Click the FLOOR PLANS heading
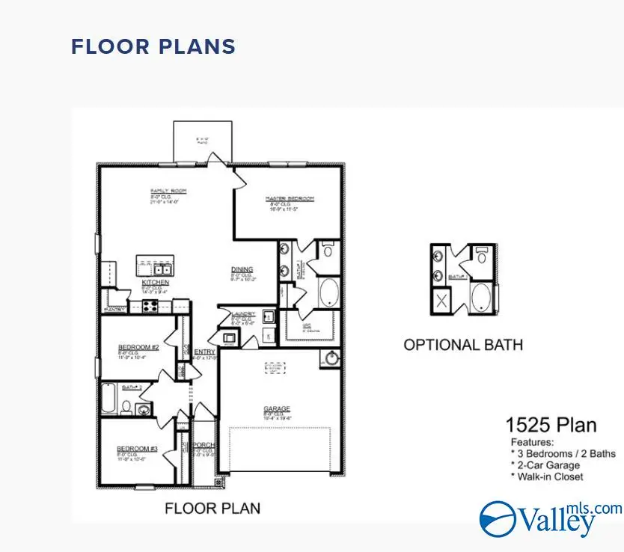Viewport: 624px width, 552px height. (153, 46)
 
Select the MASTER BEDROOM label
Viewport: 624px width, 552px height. (290, 199)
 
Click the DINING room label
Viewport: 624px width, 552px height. (242, 269)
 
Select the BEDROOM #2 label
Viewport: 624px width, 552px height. (138, 348)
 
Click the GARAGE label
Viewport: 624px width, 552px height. (277, 408)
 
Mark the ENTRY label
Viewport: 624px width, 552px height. (204, 352)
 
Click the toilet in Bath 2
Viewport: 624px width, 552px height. (127, 408)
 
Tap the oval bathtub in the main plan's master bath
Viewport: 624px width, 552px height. (329, 292)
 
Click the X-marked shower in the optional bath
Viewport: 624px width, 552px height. (443, 302)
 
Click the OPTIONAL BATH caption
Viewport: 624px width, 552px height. (463, 345)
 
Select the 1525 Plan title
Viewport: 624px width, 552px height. (551, 426)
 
